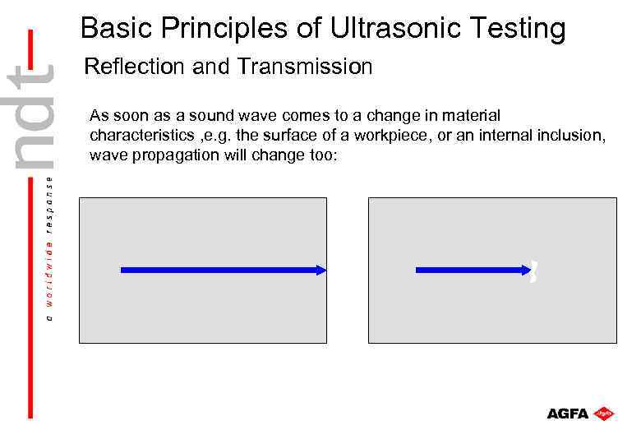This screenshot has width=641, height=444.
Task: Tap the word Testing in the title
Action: [517, 29]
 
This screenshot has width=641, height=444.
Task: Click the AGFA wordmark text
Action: [568, 414]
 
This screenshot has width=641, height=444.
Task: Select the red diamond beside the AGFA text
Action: [605, 413]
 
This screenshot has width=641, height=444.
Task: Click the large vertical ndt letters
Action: [33, 115]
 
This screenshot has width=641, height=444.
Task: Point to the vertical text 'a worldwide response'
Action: [50, 247]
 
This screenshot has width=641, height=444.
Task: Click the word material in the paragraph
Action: [472, 115]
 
